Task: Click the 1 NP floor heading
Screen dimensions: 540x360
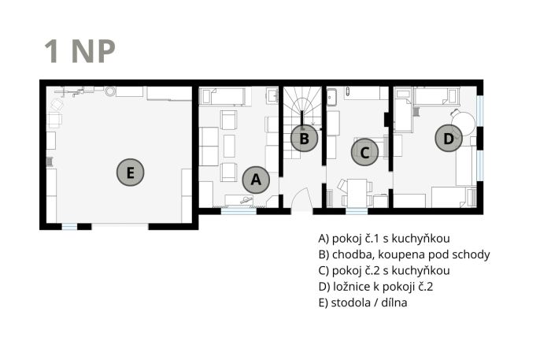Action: click(x=80, y=51)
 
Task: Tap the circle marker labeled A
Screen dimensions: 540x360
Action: click(x=256, y=180)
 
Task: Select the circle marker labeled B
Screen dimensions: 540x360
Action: click(x=304, y=139)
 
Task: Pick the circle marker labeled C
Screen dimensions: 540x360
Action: click(x=364, y=152)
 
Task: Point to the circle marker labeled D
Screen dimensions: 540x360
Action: click(x=449, y=139)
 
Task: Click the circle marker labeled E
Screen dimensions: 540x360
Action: click(x=130, y=173)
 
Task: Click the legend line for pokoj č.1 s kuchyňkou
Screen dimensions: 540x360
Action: click(x=384, y=239)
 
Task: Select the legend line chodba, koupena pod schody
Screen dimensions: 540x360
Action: click(x=404, y=254)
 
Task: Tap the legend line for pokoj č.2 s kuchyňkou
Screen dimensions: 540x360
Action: click(x=384, y=270)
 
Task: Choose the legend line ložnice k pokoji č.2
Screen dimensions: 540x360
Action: click(x=375, y=287)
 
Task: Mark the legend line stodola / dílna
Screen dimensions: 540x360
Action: click(x=363, y=302)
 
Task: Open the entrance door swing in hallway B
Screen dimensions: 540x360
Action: click(x=302, y=200)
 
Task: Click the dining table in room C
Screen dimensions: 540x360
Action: click(x=357, y=193)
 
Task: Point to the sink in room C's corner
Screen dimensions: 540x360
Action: click(x=331, y=96)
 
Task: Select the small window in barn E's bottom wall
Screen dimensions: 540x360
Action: click(x=69, y=226)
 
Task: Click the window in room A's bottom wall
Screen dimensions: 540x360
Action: click(x=239, y=211)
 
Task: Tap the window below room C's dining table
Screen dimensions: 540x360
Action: click(x=357, y=211)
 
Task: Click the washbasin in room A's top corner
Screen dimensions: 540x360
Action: click(x=272, y=95)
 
